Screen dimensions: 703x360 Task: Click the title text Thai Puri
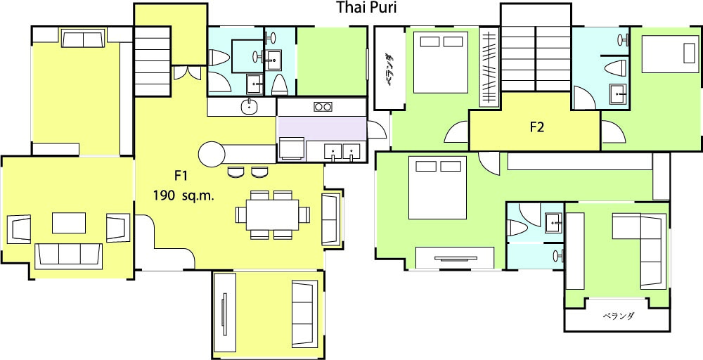(366, 8)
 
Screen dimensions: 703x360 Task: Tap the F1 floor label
(180, 176)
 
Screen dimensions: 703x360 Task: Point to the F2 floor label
(536, 127)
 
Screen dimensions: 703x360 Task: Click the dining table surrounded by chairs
(273, 214)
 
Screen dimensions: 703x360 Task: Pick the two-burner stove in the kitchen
(323, 107)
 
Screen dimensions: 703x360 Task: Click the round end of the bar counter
(212, 155)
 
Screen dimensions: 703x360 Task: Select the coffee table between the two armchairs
(69, 223)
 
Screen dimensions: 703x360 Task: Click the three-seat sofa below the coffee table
(69, 256)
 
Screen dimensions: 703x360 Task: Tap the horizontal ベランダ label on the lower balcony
(618, 316)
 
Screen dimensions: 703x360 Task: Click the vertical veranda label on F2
(389, 70)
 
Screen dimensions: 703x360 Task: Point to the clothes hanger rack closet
(489, 67)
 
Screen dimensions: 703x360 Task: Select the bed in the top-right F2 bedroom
(670, 54)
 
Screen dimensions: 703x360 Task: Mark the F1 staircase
(153, 61)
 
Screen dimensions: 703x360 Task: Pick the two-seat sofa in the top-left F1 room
(84, 39)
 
